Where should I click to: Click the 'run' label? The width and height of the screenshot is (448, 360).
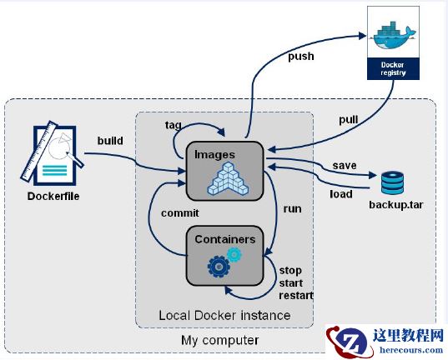(292, 209)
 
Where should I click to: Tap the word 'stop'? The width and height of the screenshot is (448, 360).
(291, 270)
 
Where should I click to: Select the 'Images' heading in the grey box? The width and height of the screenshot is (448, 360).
(214, 153)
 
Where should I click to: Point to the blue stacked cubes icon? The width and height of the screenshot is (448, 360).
(224, 179)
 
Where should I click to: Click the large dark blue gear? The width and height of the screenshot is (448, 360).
(219, 267)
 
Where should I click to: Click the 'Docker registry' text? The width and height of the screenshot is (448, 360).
(391, 68)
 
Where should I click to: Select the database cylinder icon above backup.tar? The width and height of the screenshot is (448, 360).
(391, 182)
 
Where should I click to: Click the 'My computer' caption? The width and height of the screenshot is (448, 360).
(219, 340)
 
